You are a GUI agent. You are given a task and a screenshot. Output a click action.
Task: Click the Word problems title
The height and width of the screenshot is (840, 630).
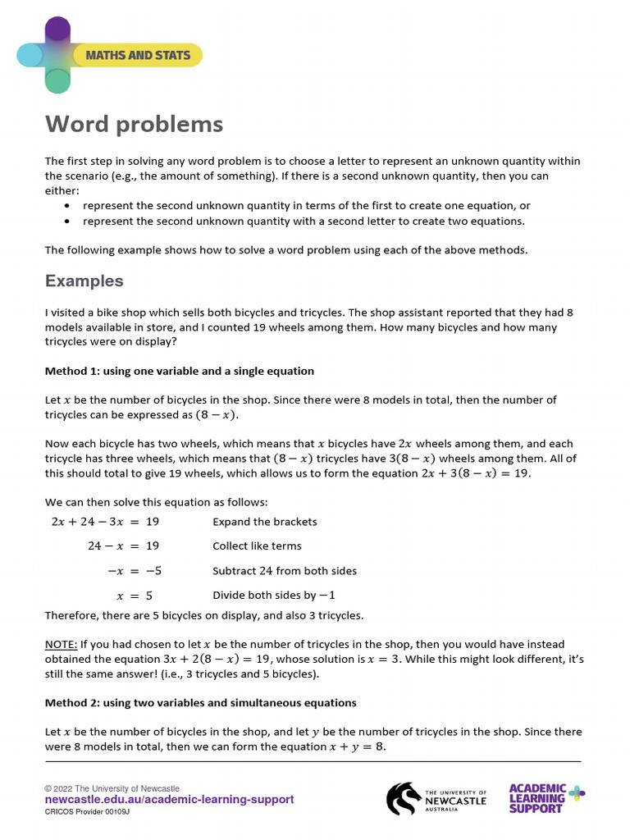point(134,124)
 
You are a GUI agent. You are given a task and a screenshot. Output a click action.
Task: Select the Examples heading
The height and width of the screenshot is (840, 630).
point(84,281)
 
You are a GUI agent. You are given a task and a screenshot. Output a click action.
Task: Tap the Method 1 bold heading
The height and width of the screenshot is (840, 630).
point(179,371)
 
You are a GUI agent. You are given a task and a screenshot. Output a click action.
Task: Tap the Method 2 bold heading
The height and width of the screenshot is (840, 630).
point(200,702)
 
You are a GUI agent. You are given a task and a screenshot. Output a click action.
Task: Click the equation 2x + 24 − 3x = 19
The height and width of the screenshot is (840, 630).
point(105,522)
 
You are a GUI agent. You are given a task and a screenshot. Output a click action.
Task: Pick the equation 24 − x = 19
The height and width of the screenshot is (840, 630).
point(123,546)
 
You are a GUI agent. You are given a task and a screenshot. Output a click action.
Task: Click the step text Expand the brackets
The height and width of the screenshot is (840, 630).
point(264,522)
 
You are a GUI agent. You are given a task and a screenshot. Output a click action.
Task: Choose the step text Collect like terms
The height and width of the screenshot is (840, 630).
point(257,546)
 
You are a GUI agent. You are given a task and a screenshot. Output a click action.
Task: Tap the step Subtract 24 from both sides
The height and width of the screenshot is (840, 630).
point(284,571)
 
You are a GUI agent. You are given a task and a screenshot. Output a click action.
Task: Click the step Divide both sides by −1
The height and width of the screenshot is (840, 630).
point(274,595)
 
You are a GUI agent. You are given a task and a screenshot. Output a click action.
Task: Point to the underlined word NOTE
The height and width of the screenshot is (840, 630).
point(61,645)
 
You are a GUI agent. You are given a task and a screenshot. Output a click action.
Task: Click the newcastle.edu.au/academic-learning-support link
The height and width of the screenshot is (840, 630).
point(169,800)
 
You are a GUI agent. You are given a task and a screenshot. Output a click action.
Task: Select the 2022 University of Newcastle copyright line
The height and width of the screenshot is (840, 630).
point(112,788)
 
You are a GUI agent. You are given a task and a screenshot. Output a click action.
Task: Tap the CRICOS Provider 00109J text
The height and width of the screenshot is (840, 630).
point(87,811)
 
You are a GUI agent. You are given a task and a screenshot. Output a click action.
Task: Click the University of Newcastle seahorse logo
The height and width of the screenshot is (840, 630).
point(404,798)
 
